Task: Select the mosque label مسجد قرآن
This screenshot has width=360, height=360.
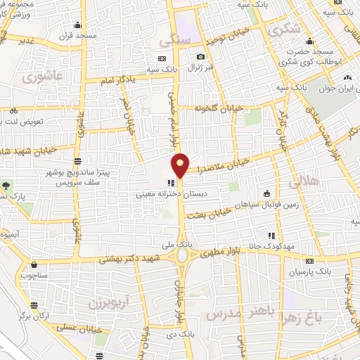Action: (x=76, y=34)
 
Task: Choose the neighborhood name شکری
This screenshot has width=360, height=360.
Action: (x=284, y=30)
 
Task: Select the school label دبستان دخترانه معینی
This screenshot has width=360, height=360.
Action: (x=172, y=191)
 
